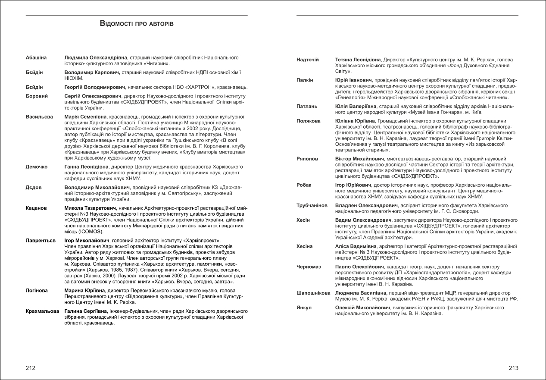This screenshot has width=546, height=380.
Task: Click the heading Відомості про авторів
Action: point(137,23)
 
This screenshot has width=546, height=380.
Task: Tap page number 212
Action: point(31,367)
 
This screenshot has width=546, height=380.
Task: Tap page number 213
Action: point(513,367)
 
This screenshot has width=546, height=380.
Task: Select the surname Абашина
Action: point(36,57)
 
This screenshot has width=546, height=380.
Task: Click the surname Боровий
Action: point(37,96)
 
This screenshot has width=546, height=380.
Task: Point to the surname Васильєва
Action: point(39,117)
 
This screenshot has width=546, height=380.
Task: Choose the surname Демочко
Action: point(37,166)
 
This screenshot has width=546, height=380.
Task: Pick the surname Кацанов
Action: point(36,208)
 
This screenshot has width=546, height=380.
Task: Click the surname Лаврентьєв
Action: point(41,240)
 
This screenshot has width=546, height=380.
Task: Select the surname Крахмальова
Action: point(42,311)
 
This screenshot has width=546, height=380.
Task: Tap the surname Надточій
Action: point(308,60)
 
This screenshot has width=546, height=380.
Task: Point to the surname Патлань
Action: point(307,107)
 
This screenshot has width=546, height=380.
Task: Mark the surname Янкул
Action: point(304,308)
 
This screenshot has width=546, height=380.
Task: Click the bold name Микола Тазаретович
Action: point(93,208)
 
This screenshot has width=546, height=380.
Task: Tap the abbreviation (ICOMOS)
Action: point(90,232)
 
